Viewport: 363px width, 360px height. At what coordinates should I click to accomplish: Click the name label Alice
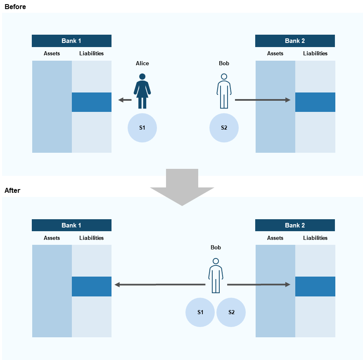(x=142, y=63)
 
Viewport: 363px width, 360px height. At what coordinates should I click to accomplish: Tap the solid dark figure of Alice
(x=142, y=91)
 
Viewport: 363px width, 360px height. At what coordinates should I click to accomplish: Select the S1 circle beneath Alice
(x=142, y=128)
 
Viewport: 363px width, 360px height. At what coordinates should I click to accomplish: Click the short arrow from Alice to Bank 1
(x=125, y=100)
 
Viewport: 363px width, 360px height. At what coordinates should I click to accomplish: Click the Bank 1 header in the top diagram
(x=71, y=41)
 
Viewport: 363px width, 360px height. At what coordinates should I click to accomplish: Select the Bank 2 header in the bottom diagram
(x=295, y=225)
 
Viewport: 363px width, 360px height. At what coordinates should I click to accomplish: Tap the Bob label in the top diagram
(x=224, y=63)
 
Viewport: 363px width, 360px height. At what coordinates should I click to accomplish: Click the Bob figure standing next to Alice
(x=224, y=91)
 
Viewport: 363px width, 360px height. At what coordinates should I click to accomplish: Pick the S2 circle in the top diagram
(x=224, y=128)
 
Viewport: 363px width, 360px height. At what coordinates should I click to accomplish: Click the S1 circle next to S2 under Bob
(x=200, y=312)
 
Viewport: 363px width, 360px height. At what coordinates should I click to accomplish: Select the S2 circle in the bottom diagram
(x=231, y=312)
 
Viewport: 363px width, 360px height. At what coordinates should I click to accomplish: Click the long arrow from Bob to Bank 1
(x=159, y=284)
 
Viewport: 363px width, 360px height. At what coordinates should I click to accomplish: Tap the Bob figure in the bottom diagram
(x=216, y=275)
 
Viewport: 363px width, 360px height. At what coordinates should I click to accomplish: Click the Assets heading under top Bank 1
(x=52, y=53)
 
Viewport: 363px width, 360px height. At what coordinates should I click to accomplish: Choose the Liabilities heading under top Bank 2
(x=315, y=53)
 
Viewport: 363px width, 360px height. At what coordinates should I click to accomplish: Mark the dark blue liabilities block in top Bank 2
(x=315, y=102)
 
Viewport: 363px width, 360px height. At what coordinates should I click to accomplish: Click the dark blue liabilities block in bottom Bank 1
(x=92, y=287)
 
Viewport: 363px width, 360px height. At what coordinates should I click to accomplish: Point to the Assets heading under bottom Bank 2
(x=275, y=238)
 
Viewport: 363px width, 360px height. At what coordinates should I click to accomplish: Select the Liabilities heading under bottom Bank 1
(x=92, y=238)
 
